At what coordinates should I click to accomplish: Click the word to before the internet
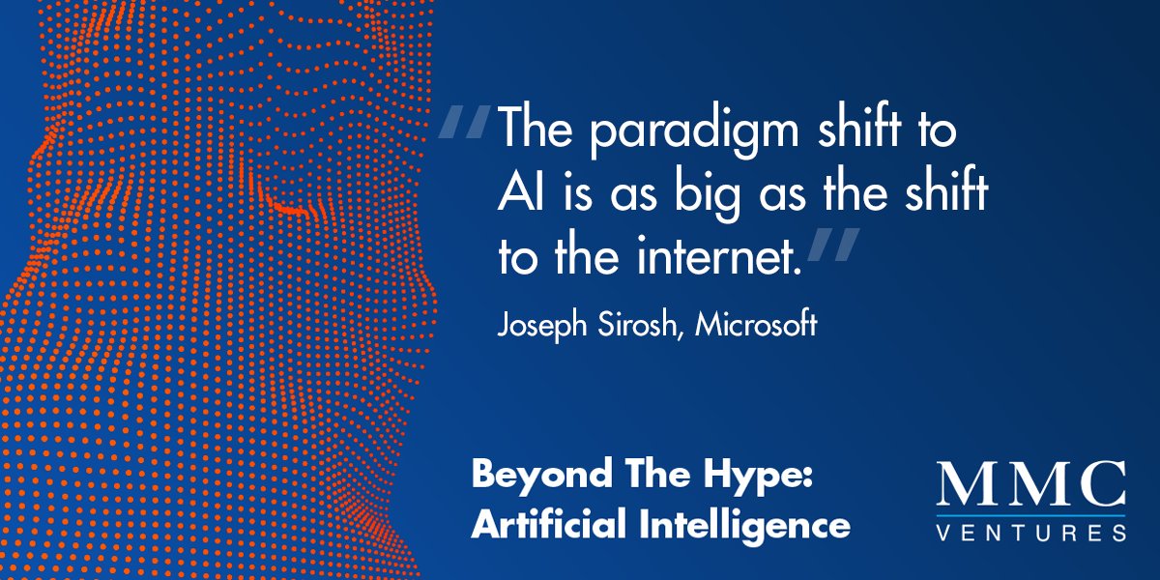(x=518, y=256)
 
